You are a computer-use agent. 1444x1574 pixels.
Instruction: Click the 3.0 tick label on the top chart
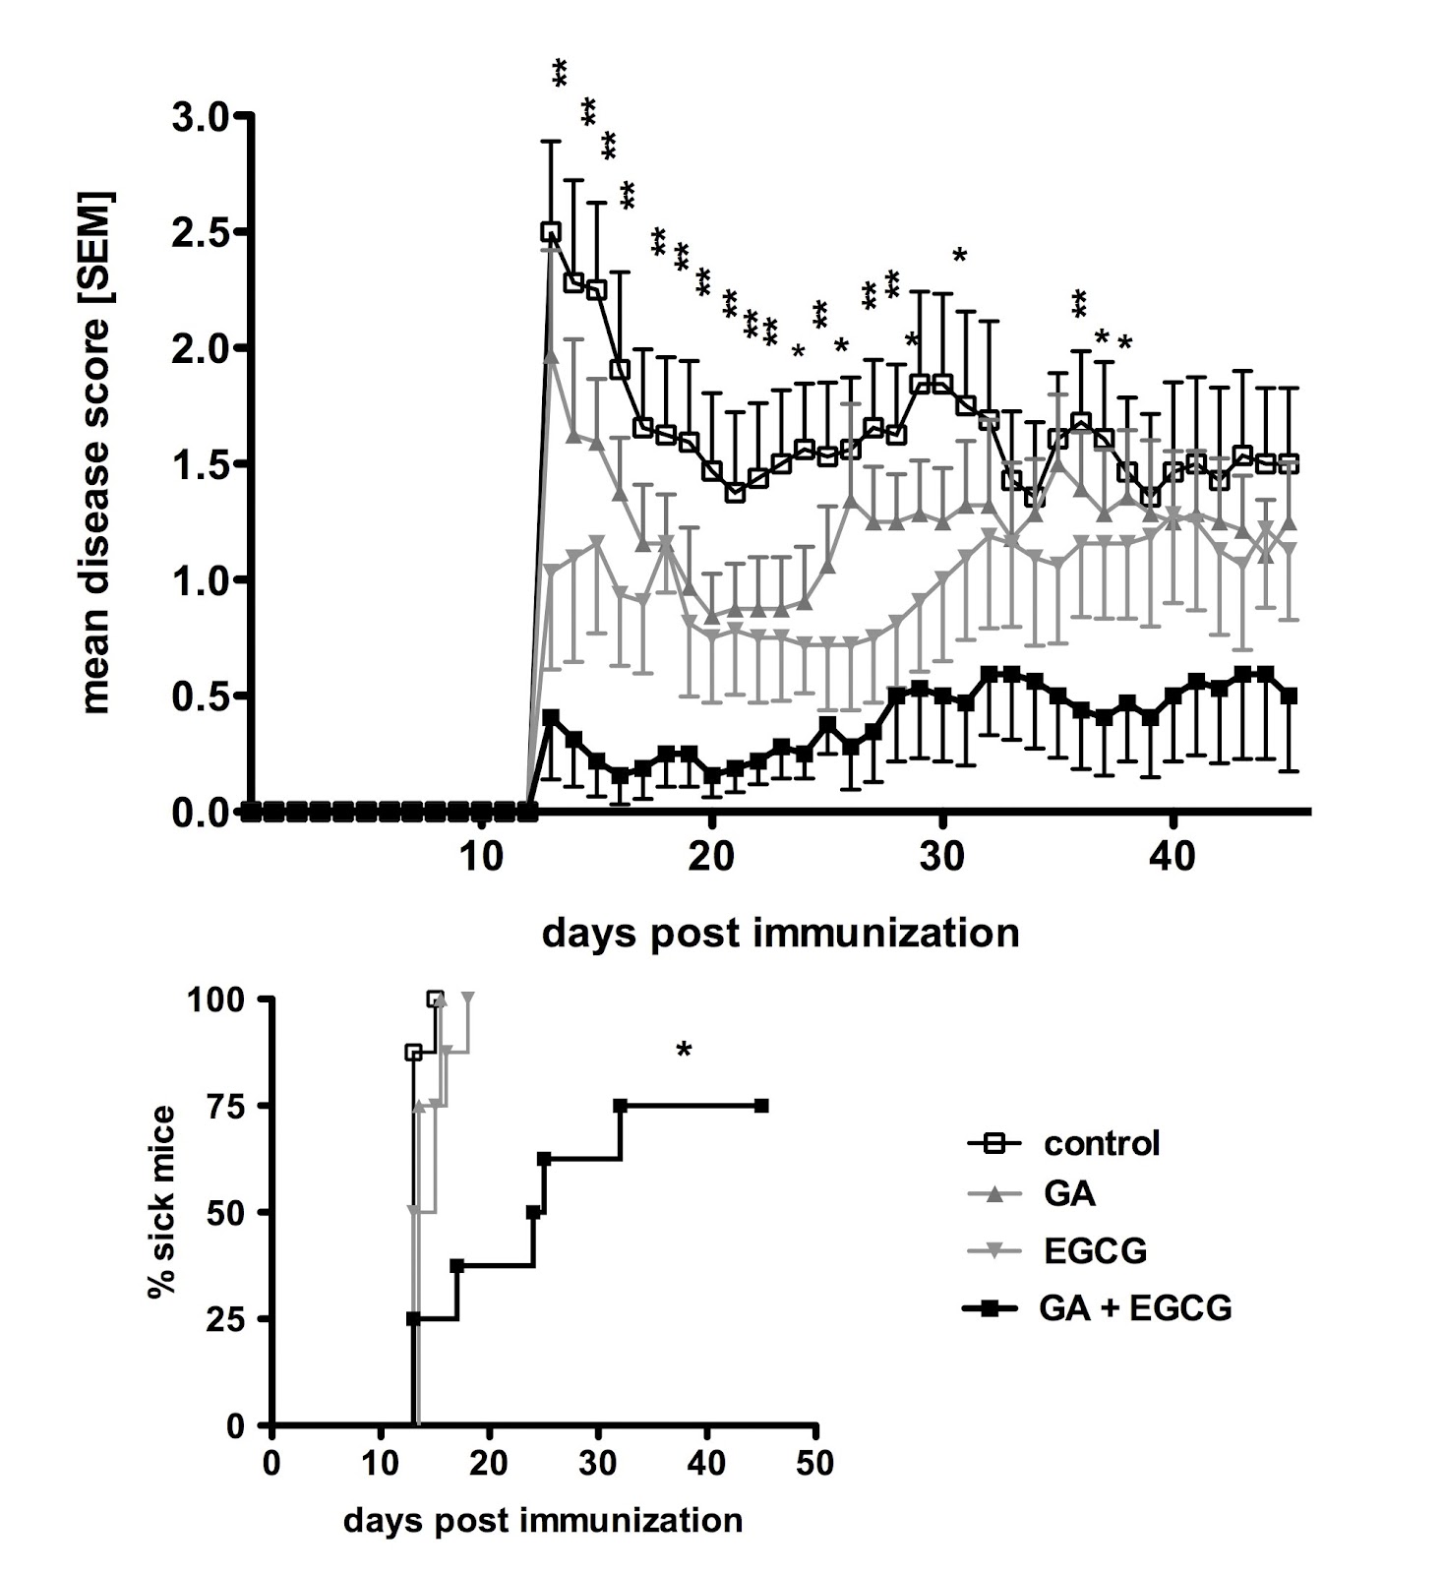tap(203, 117)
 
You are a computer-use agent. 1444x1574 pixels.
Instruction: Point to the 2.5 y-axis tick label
tap(203, 232)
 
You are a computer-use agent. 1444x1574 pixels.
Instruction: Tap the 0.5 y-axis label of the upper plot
tap(203, 696)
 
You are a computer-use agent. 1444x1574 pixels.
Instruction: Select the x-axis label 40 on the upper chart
tap(1173, 856)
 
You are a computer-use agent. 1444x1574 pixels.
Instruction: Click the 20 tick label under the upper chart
tap(711, 856)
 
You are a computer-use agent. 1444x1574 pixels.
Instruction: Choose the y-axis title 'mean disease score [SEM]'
tap(97, 453)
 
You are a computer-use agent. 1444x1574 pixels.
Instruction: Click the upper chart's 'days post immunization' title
tap(780, 933)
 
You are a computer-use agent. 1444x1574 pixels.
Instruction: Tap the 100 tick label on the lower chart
tap(227, 999)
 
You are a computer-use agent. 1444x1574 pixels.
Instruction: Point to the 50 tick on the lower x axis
tap(814, 1462)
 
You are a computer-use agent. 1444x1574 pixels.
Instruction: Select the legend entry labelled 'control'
tap(1102, 1143)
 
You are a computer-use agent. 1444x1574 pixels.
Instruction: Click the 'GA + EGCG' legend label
tap(1135, 1308)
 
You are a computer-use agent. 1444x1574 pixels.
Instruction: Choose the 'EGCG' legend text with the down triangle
tap(1095, 1251)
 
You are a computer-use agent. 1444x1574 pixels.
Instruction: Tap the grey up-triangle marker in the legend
tap(994, 1194)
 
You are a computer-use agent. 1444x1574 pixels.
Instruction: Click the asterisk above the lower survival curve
tap(685, 1052)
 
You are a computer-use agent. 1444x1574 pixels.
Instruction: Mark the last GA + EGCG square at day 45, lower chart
tap(760, 1106)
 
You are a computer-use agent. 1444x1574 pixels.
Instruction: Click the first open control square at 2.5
tap(550, 232)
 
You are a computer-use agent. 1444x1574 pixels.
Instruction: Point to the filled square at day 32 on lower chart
tap(621, 1106)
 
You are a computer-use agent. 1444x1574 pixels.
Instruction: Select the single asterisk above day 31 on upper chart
tap(960, 256)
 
